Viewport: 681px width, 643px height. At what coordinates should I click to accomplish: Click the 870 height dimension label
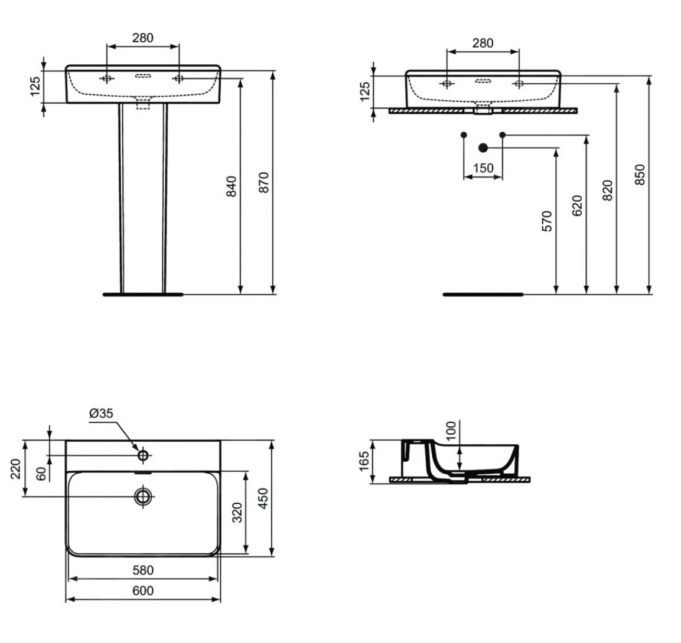(x=263, y=183)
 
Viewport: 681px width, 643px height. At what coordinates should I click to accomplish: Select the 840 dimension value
(x=232, y=186)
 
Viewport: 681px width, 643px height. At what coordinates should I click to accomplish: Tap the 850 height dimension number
(x=640, y=175)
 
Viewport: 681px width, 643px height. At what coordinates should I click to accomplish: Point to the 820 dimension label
(x=608, y=190)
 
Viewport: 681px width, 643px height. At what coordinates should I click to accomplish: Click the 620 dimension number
(x=577, y=206)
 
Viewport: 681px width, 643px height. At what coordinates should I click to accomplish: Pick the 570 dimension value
(x=547, y=221)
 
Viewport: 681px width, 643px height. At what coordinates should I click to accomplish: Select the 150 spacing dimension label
(x=483, y=168)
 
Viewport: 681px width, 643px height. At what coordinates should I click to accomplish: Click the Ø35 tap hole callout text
(x=101, y=414)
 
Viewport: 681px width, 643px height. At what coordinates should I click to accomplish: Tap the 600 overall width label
(x=143, y=590)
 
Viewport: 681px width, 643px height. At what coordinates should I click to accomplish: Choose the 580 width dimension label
(x=143, y=570)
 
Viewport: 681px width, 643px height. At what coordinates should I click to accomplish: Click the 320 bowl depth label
(x=237, y=513)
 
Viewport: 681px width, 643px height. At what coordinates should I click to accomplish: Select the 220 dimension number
(x=15, y=468)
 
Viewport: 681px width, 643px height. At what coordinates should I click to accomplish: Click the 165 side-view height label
(x=364, y=461)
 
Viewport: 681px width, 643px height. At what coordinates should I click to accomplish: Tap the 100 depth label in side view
(x=451, y=431)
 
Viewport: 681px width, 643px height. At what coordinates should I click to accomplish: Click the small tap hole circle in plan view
(x=143, y=455)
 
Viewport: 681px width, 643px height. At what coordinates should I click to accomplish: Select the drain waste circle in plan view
(x=143, y=496)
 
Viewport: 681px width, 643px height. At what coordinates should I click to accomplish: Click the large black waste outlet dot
(x=483, y=148)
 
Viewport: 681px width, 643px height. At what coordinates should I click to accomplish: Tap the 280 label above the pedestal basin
(x=143, y=38)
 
